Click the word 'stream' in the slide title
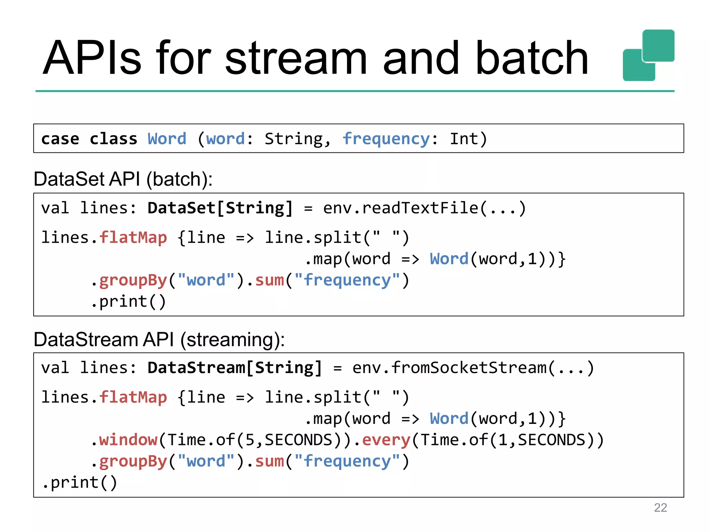pos(296,58)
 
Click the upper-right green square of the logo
pos(658,45)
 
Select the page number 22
pos(660,507)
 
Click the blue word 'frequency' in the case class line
pos(386,139)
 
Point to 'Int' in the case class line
pos(464,139)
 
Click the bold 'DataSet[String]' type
pos(220,208)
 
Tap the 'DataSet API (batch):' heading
pos(123,179)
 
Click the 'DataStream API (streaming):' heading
pos(159,339)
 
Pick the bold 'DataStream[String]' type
pos(235,368)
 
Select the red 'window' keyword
pos(128,440)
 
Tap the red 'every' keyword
pos(386,440)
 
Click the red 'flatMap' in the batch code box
pos(133,238)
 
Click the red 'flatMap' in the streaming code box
pos(133,397)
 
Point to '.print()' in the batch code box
pos(128,301)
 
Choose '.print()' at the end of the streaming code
pos(80,482)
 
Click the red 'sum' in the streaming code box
pos(269,461)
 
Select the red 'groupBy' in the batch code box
pos(133,281)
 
